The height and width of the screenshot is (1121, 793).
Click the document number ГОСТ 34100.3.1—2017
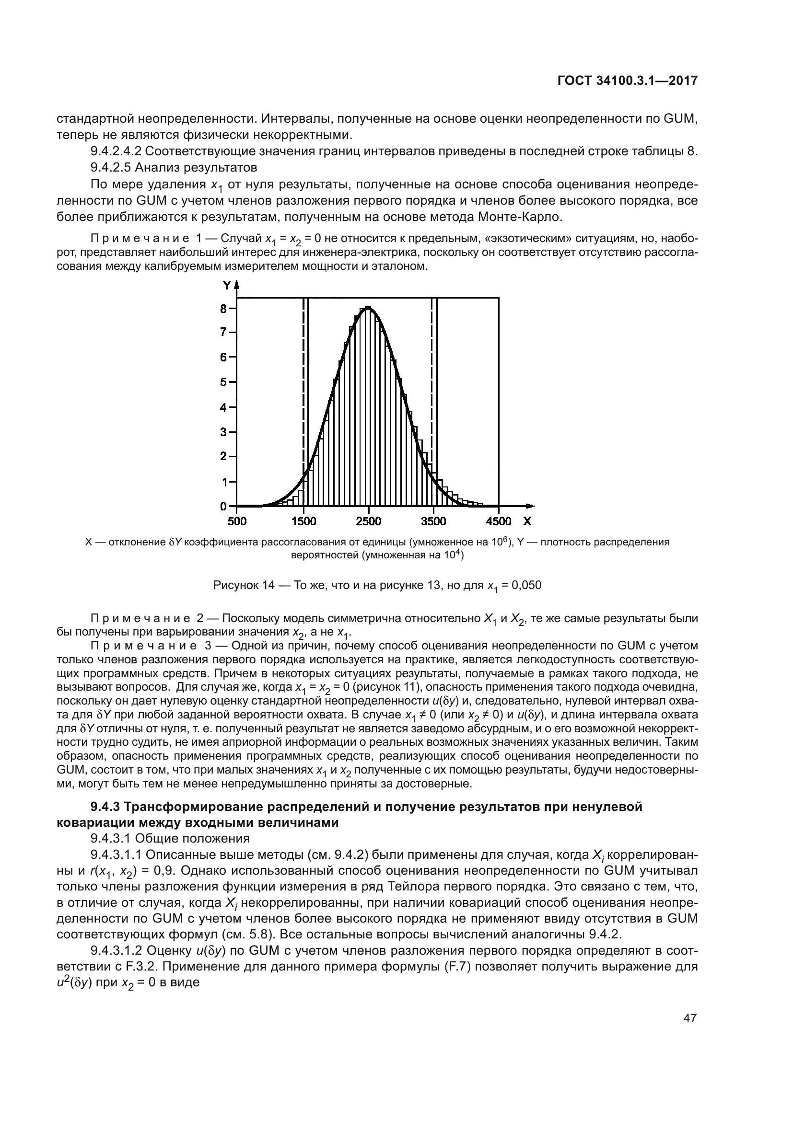[x=627, y=81]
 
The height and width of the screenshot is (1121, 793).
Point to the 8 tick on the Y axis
[x=223, y=309]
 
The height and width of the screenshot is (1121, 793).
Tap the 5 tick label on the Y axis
[x=223, y=382]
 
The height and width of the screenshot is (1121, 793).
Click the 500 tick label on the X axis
[x=237, y=521]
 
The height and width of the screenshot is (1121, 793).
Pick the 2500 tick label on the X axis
[x=368, y=521]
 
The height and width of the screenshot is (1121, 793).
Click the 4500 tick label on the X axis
[x=499, y=521]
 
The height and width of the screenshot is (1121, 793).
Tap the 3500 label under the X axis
[x=433, y=521]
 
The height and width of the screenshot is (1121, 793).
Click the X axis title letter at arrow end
[x=527, y=521]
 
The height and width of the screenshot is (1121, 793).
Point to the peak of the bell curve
[x=368, y=308]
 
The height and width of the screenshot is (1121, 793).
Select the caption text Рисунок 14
[x=244, y=585]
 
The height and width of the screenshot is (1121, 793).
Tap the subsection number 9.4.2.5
[x=111, y=167]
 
